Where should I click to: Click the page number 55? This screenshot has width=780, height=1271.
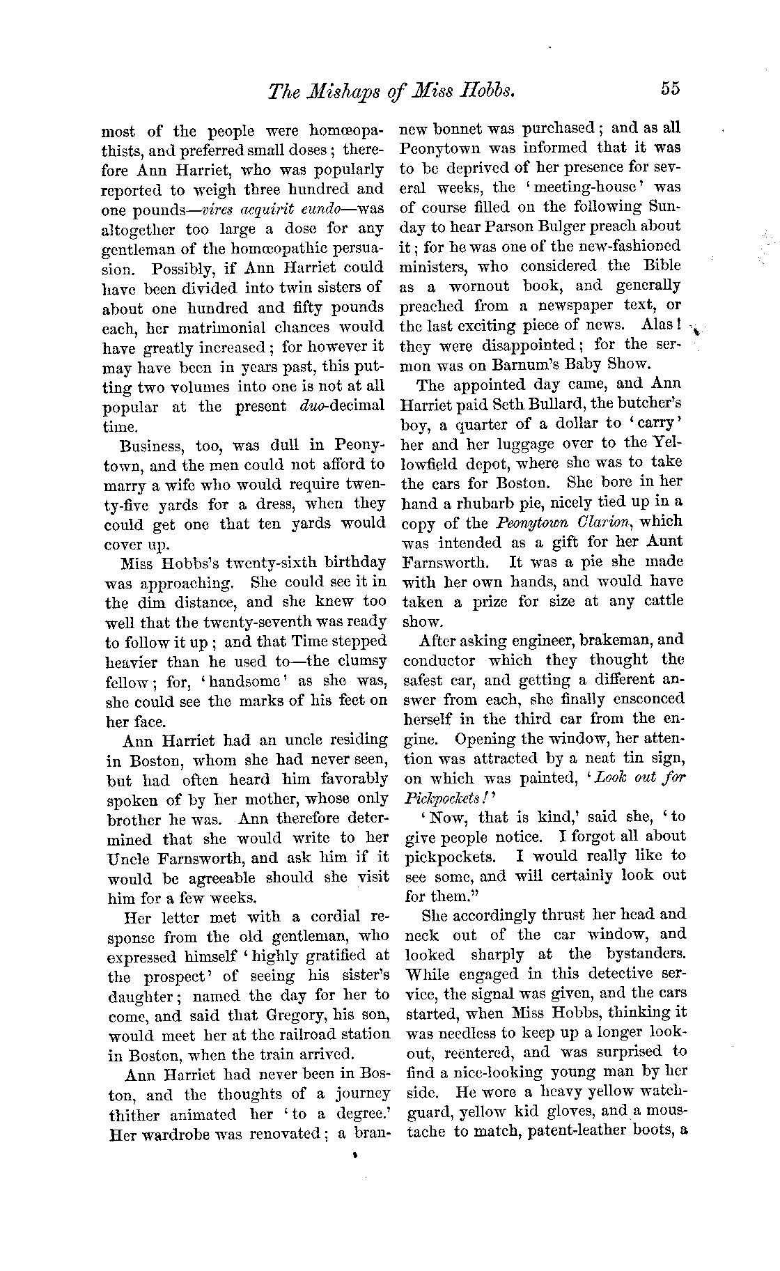point(670,88)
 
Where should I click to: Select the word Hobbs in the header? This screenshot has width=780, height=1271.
point(487,90)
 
